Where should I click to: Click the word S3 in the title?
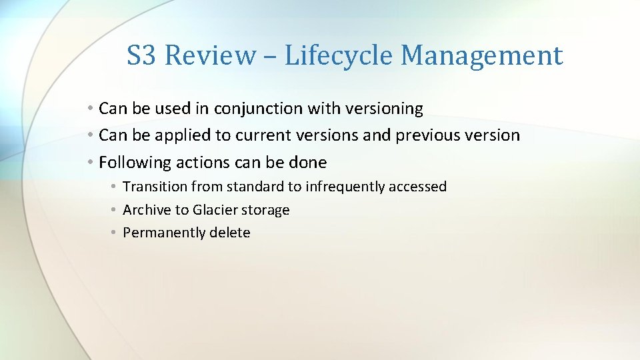pyautogui.click(x=141, y=55)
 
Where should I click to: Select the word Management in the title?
pyautogui.click(x=481, y=55)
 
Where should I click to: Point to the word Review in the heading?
pyautogui.click(x=209, y=55)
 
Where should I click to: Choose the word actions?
pyautogui.click(x=189, y=163)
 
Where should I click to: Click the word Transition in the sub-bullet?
pyautogui.click(x=148, y=187)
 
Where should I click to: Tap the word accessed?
pyautogui.click(x=419, y=187)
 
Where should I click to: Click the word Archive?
pyautogui.click(x=147, y=210)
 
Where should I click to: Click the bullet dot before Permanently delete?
pyautogui.click(x=115, y=233)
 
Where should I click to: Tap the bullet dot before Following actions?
pyautogui.click(x=89, y=163)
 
